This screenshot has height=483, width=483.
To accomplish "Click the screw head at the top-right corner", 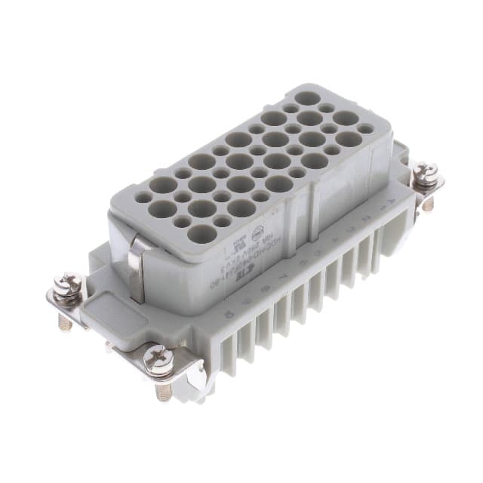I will (x=425, y=174).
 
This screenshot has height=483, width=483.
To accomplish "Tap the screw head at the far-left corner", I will (x=67, y=286).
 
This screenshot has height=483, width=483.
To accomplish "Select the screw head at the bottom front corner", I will (x=159, y=361).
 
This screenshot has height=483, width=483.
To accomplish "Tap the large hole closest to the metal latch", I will (x=200, y=234).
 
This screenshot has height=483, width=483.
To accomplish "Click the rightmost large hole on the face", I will (x=348, y=139).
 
